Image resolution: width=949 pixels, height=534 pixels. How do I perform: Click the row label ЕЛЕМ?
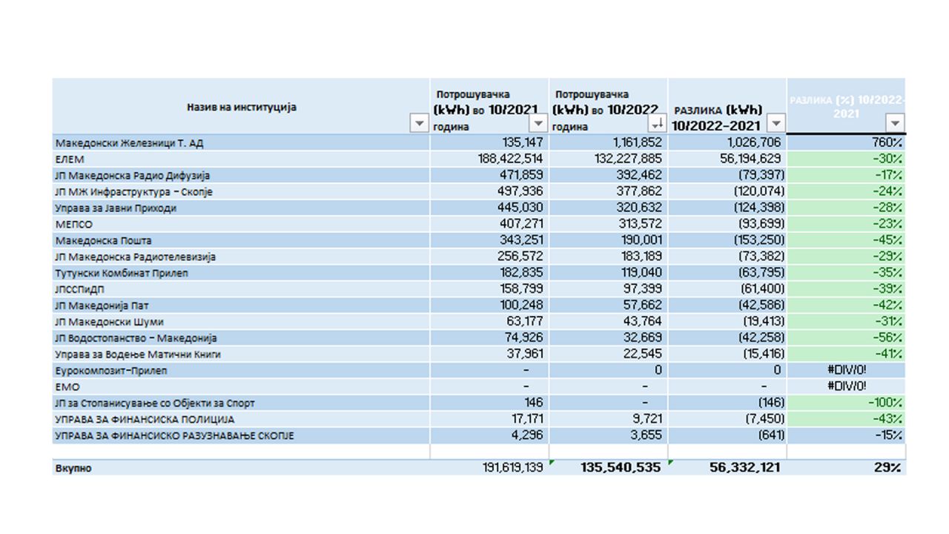[70, 159]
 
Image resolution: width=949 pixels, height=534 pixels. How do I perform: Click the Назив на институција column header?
[241, 107]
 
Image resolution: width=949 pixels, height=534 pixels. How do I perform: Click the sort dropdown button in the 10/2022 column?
[657, 123]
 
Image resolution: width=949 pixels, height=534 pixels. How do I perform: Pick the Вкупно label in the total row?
[73, 468]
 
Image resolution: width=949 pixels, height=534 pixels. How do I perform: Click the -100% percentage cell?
[884, 403]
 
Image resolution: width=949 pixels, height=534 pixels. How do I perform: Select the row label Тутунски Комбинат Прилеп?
[122, 273]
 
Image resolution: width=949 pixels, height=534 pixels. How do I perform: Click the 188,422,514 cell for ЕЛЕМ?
[511, 159]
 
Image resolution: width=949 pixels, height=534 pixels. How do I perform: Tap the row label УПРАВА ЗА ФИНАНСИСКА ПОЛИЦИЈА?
[145, 419]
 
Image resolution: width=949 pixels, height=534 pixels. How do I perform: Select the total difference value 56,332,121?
[734, 467]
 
